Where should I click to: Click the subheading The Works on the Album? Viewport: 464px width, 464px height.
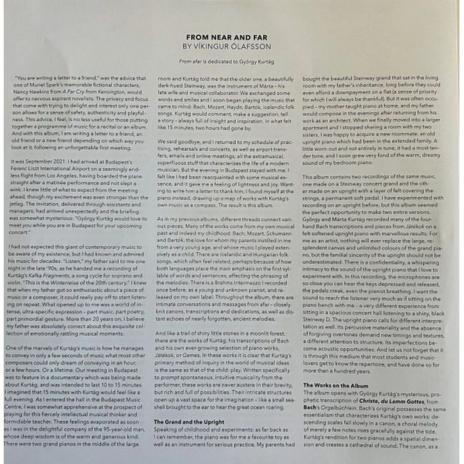[335, 386]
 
